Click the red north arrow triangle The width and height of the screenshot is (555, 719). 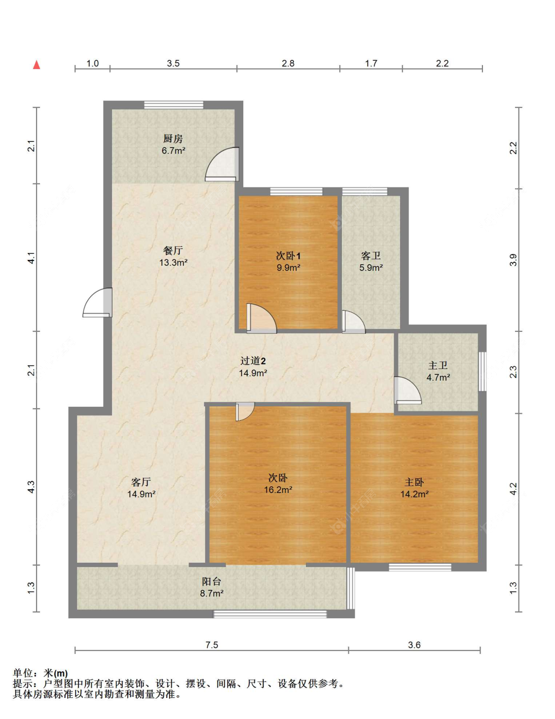click(x=37, y=65)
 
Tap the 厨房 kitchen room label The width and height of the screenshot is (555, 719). click(x=173, y=139)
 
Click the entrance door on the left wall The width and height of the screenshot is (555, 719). click(x=97, y=302)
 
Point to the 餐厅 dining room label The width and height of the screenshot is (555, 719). click(x=173, y=251)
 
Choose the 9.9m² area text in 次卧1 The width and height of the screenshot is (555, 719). click(x=288, y=267)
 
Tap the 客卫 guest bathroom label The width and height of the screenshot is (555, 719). click(x=370, y=255)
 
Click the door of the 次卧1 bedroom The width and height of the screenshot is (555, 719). click(x=261, y=318)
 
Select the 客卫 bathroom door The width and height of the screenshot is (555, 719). click(x=353, y=322)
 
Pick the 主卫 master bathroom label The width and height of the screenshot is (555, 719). click(x=438, y=365)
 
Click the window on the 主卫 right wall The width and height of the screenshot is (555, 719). click(x=483, y=371)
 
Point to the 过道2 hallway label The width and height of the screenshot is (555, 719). click(x=253, y=360)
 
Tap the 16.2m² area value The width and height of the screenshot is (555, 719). click(x=278, y=489)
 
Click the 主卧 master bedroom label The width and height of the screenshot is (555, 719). click(x=414, y=482)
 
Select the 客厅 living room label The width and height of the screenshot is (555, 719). click(x=141, y=482)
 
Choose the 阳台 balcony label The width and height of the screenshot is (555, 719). click(x=212, y=581)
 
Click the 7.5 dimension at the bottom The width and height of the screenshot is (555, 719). click(x=212, y=645)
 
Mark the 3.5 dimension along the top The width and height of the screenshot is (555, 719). click(x=173, y=63)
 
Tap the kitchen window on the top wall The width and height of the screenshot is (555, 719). click(x=174, y=105)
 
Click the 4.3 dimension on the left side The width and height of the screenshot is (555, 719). click(x=31, y=487)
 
